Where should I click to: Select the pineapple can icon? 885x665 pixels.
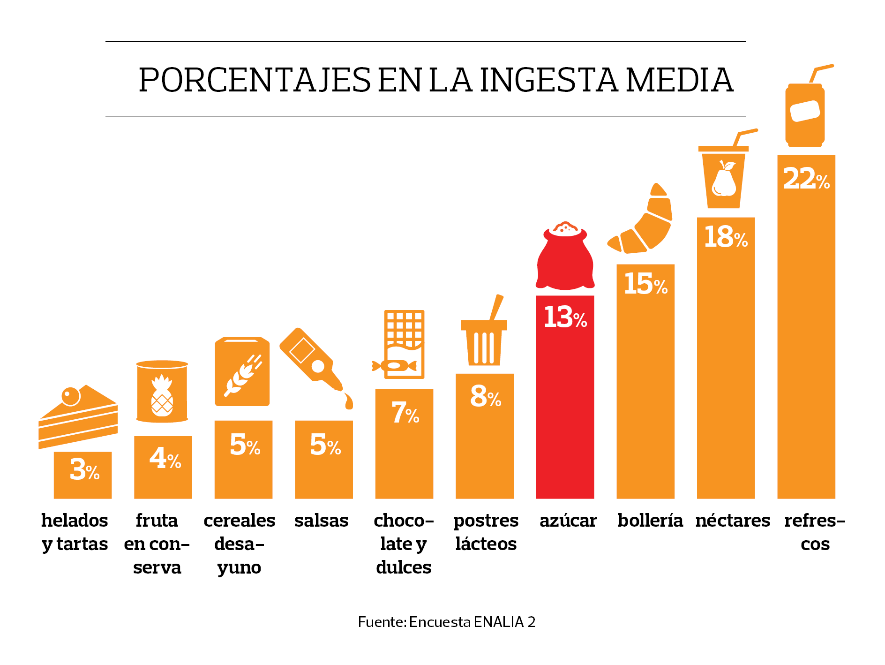pyautogui.click(x=162, y=392)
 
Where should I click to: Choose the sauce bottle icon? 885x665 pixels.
pyautogui.click(x=314, y=363)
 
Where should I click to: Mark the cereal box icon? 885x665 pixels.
pyautogui.click(x=242, y=371)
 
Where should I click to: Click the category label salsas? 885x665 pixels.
pyautogui.click(x=321, y=521)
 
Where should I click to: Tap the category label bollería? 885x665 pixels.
pyautogui.click(x=650, y=521)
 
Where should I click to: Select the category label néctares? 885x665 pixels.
pyautogui.click(x=732, y=521)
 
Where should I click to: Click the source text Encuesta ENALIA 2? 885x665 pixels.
pyautogui.click(x=472, y=622)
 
